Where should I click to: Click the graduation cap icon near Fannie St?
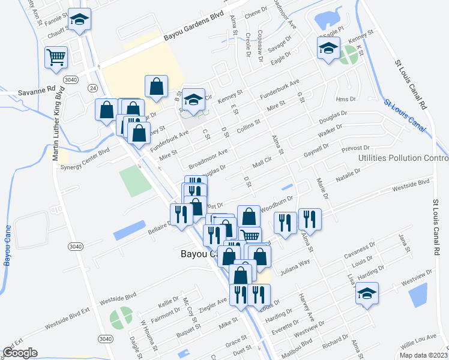tap(79, 20)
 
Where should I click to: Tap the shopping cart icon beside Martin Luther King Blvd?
tap(56, 58)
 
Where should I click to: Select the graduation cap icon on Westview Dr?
tap(367, 294)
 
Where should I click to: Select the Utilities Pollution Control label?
tap(403, 158)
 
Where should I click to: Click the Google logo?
tap(20, 352)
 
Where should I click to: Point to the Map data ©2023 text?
tap(423, 355)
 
